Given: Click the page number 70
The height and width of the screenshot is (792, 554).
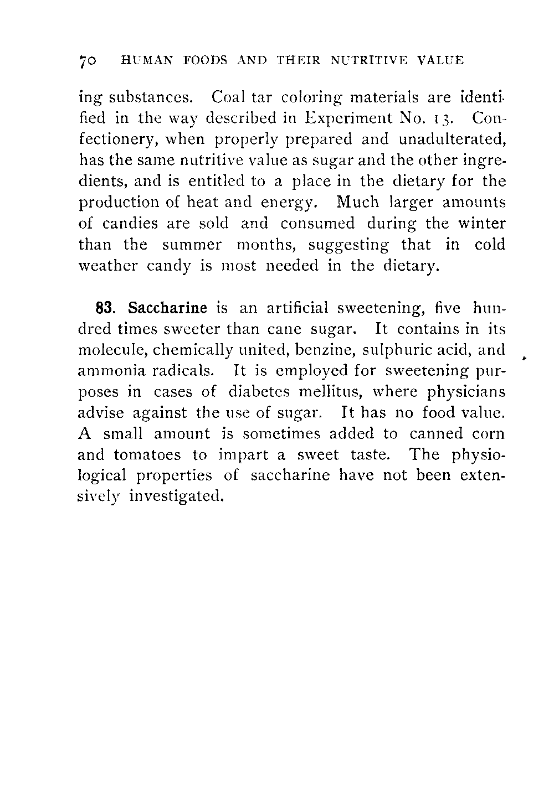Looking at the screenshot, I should click(x=89, y=61).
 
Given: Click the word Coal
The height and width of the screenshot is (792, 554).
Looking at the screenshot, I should click(x=224, y=97).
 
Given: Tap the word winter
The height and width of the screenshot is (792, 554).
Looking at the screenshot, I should click(x=481, y=224).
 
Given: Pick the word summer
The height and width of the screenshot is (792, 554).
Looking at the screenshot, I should click(x=192, y=245).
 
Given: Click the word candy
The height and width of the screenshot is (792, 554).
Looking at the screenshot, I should click(x=168, y=266).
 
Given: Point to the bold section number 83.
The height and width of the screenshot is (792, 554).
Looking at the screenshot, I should click(x=105, y=308).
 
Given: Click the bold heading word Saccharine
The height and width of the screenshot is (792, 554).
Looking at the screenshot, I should click(x=167, y=308).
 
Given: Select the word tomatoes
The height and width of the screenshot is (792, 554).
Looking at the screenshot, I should click(x=147, y=455).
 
